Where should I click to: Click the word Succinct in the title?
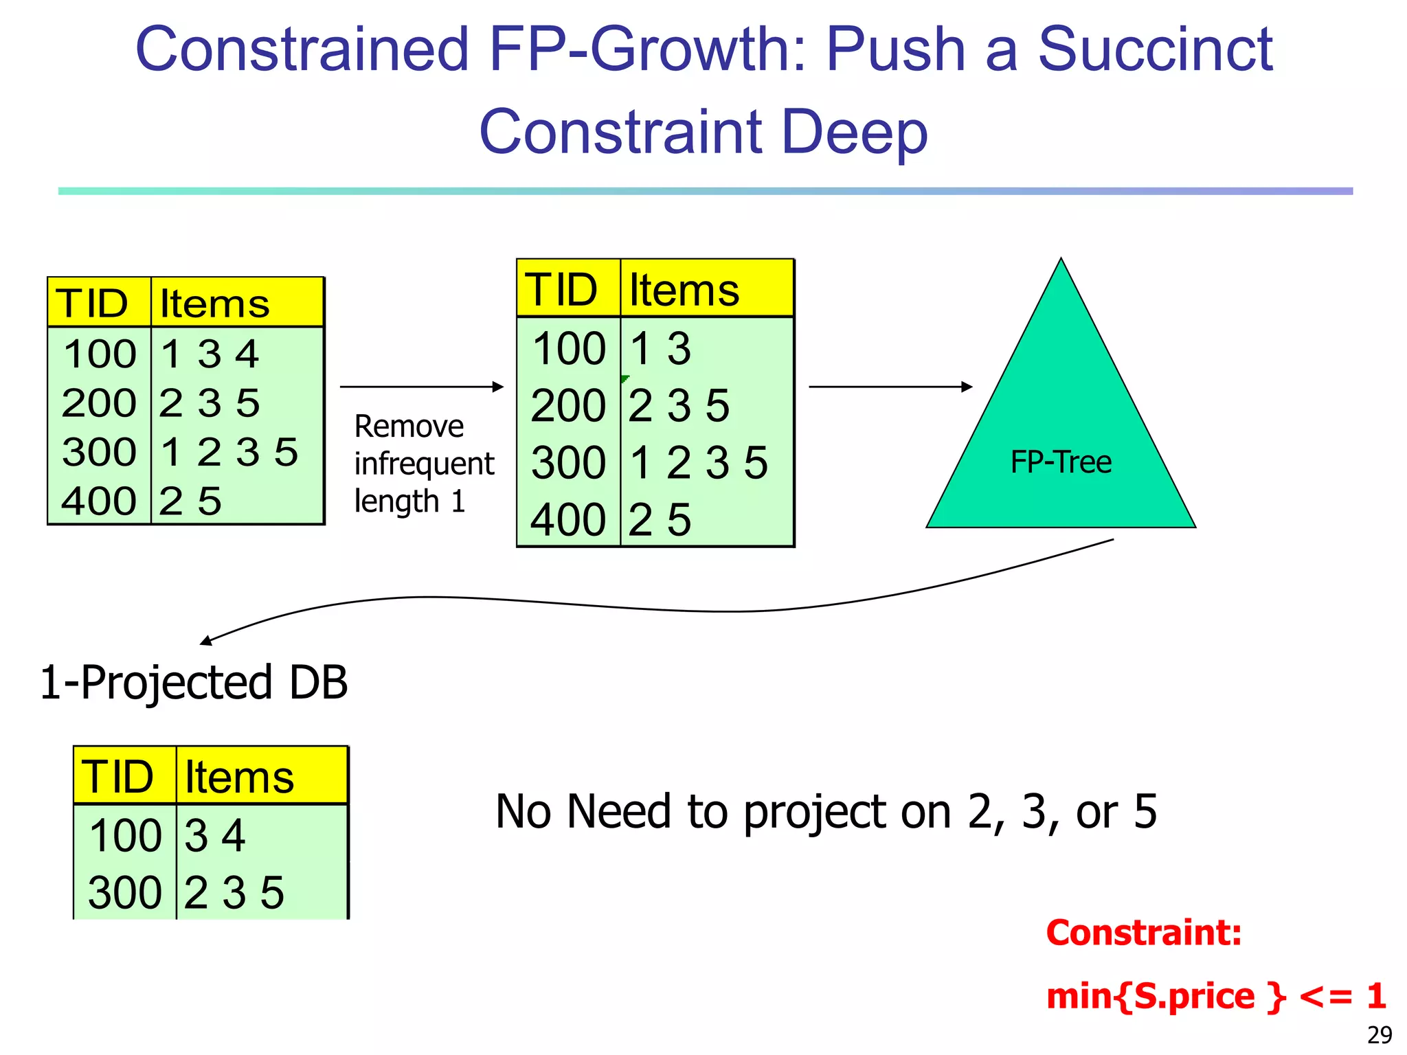tap(1155, 49)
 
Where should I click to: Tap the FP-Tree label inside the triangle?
tap(1061, 462)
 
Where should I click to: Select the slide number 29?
tap(1380, 1034)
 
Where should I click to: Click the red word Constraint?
tap(1144, 933)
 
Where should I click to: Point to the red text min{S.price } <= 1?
tap(1215, 996)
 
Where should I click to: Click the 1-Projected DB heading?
tap(194, 683)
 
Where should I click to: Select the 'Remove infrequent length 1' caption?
tap(423, 464)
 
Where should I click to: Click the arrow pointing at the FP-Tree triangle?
tap(890, 387)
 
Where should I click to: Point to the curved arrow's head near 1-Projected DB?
tap(205, 642)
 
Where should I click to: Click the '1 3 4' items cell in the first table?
tap(210, 354)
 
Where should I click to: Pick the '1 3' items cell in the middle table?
tap(660, 349)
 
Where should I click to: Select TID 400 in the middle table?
tap(567, 520)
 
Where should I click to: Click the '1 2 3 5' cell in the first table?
tap(229, 453)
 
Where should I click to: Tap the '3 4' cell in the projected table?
tap(214, 836)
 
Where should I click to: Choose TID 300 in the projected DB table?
tap(124, 893)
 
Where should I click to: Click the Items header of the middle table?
tap(684, 290)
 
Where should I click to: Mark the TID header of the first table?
tap(92, 304)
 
